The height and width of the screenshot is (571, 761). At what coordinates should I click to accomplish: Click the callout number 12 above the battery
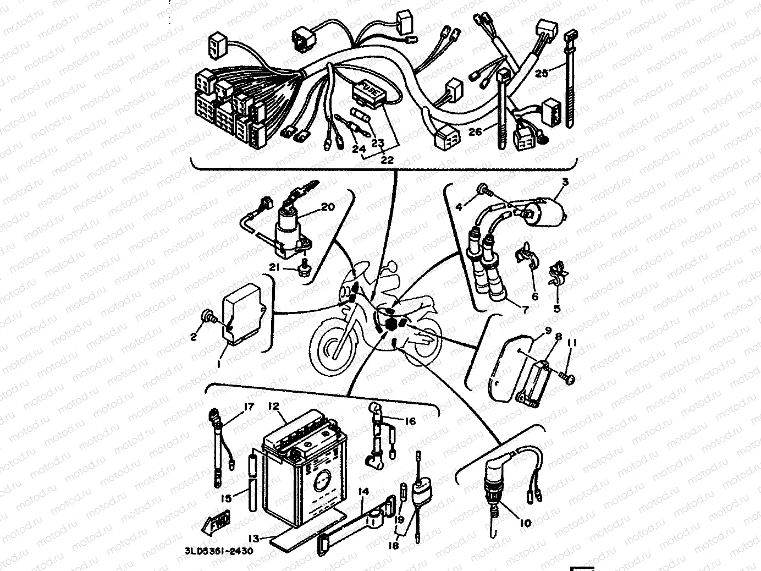[x=273, y=406]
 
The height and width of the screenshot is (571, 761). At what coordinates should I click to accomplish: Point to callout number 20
[x=327, y=207]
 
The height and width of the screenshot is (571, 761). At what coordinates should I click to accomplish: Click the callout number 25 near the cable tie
[x=542, y=73]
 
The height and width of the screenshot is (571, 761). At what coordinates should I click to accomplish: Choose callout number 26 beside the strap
[x=476, y=132]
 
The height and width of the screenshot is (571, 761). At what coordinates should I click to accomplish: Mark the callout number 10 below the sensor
[x=525, y=523]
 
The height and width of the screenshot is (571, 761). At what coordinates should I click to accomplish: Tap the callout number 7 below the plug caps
[x=525, y=310]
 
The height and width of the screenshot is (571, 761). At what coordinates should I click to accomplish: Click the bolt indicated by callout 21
[x=302, y=268]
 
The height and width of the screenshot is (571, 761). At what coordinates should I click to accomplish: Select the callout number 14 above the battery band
[x=362, y=491]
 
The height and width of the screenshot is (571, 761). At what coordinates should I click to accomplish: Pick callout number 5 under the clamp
[x=557, y=309]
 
